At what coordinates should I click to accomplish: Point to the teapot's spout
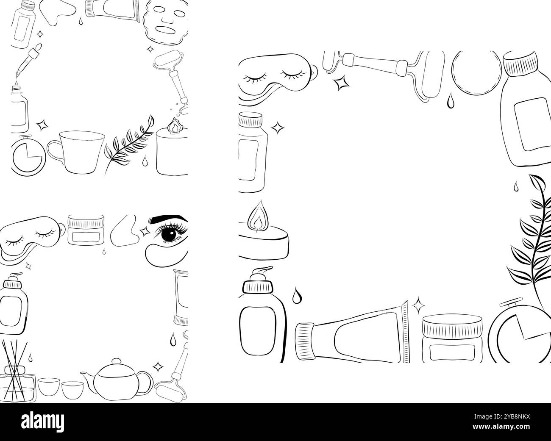pos(86,377)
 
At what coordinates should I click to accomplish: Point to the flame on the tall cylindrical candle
pos(173,125)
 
